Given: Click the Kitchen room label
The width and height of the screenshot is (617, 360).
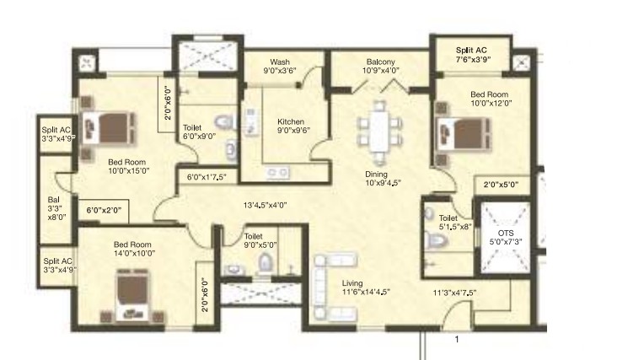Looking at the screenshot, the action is (291, 121).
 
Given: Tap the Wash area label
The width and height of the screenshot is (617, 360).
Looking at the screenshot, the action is (280, 62).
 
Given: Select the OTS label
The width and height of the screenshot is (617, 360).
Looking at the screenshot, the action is (506, 233).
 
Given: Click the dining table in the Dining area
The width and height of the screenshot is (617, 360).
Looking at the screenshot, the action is (378, 132).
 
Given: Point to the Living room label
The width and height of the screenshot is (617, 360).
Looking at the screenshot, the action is (352, 283).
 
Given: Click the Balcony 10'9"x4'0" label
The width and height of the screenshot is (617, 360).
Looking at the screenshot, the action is (380, 66).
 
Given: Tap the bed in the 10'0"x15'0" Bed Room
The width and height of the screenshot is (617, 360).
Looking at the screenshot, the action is (109, 127).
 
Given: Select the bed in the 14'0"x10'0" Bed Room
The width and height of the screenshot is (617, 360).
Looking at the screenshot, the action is (132, 295).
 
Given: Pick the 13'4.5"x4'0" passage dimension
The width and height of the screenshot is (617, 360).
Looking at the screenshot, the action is (265, 205).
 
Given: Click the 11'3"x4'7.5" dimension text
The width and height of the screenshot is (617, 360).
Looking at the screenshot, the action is (454, 293).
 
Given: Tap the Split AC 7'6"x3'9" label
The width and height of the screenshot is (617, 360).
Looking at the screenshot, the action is (471, 55).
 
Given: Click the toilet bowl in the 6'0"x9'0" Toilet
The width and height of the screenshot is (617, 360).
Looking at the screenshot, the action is (224, 122).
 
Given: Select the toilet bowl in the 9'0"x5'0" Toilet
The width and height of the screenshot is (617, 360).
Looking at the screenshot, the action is (266, 262).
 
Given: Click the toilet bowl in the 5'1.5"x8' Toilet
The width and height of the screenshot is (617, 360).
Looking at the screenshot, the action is (436, 239).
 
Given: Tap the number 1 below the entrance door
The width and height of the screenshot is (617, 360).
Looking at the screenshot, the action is (457, 339).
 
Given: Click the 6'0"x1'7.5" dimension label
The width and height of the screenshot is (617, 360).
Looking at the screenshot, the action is (207, 177).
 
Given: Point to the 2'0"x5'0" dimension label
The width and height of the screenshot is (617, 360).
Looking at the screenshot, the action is (501, 184).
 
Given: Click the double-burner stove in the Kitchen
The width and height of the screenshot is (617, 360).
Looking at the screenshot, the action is (278, 172).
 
